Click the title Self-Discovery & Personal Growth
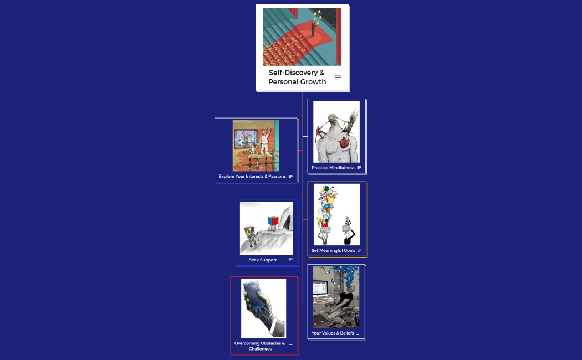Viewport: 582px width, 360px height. click(x=297, y=77)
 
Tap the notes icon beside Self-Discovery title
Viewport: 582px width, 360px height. click(x=338, y=77)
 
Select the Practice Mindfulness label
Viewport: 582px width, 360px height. click(x=333, y=168)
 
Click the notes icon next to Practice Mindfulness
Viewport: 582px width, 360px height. click(x=359, y=168)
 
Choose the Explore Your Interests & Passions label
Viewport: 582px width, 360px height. click(x=252, y=176)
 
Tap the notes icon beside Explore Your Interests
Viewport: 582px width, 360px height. click(x=290, y=176)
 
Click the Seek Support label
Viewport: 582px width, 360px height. click(x=263, y=260)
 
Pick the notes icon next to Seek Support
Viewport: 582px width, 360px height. click(x=290, y=260)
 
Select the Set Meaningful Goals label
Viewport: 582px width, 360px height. click(x=333, y=250)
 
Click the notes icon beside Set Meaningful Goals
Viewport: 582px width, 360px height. click(x=360, y=250)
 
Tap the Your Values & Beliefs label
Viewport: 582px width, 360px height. click(x=333, y=333)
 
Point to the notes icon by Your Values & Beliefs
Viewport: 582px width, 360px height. click(x=359, y=333)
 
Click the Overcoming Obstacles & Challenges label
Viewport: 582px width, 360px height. click(x=260, y=346)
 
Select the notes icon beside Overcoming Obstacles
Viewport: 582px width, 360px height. click(x=290, y=346)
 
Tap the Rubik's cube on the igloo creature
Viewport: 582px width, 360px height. click(x=273, y=221)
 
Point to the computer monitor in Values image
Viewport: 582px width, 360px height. click(x=320, y=288)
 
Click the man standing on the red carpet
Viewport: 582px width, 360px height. click(x=313, y=29)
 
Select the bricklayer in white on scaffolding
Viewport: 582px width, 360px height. click(x=265, y=141)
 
